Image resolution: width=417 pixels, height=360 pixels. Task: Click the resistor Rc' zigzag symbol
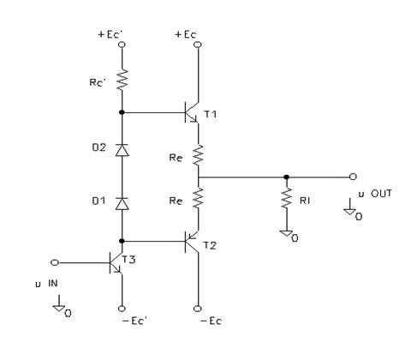coord(122,81)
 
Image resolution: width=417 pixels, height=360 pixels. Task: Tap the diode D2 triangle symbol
coord(122,150)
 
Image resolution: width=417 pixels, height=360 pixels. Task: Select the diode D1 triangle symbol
coord(122,203)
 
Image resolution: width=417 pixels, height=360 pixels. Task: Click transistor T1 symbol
coord(191,112)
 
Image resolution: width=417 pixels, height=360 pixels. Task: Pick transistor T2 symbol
coord(191,242)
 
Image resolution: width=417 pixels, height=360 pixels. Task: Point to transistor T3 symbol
coord(116,263)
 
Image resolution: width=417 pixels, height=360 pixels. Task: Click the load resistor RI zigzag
coord(286,198)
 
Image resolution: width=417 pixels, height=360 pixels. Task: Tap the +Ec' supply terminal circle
coord(122,45)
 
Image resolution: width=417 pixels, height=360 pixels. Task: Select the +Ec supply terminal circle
coord(198,45)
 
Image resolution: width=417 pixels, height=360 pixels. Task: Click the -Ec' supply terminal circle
coord(122,309)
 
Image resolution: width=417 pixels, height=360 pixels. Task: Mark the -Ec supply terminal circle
coord(198,309)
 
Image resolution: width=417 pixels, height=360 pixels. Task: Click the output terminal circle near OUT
coord(353,177)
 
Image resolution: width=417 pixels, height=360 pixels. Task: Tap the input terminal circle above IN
coord(55,262)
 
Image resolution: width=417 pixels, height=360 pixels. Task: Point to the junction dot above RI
coord(287,177)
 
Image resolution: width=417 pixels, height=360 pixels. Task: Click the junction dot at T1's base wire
coord(122,112)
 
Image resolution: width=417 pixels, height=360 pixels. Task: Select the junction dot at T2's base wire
coord(122,241)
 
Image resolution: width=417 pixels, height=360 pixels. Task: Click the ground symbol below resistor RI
coord(287,233)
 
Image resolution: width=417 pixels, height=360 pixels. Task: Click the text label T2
coord(210,245)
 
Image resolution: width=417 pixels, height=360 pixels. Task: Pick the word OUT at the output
coord(381,194)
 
